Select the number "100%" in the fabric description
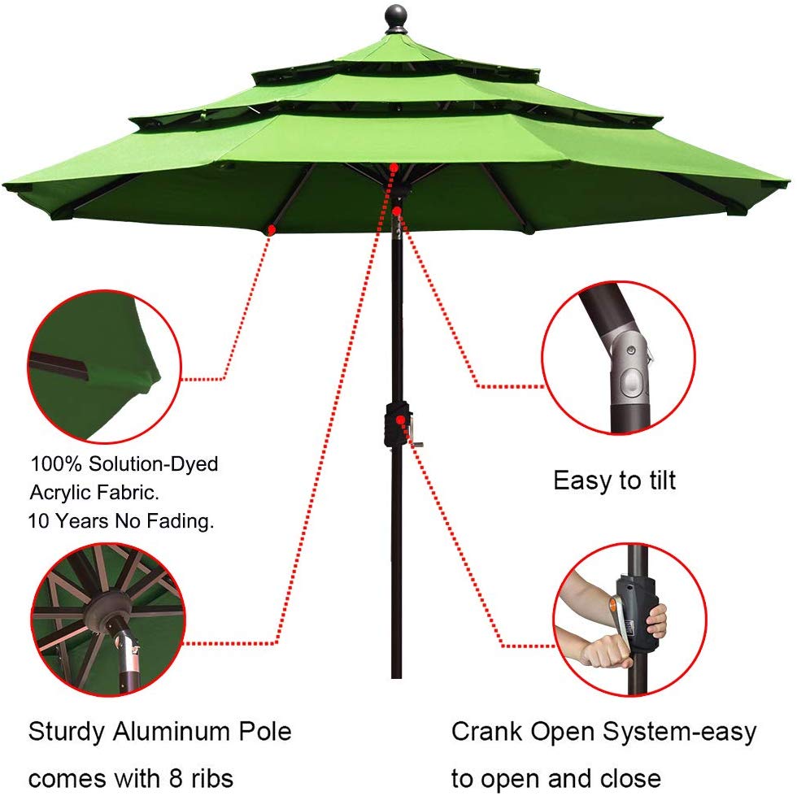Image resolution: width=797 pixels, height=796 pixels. click(58, 464)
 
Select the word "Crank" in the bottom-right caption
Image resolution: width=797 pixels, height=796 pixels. click(487, 731)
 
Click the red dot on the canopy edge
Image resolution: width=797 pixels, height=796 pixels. click(270, 229)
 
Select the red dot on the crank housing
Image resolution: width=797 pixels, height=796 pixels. click(401, 420)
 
